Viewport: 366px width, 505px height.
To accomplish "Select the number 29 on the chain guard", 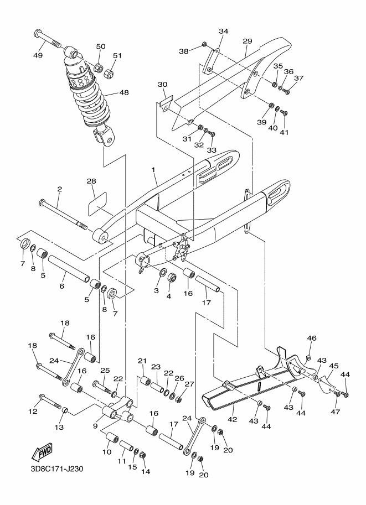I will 247,41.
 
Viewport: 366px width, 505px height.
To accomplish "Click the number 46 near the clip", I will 312,338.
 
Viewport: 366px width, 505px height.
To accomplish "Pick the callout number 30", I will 162,84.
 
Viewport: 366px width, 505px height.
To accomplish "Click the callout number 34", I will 223,32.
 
